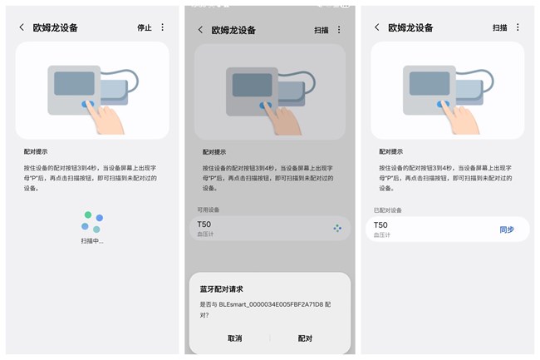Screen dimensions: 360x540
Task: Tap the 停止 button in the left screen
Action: click(x=145, y=27)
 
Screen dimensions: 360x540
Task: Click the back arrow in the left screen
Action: click(x=22, y=27)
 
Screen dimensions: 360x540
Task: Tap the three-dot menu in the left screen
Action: click(x=163, y=27)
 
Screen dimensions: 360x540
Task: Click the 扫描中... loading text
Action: click(x=92, y=241)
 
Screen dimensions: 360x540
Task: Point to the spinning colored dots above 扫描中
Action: click(x=92, y=222)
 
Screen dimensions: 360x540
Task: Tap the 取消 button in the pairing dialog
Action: click(x=234, y=338)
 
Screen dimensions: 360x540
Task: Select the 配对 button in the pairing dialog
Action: click(x=305, y=338)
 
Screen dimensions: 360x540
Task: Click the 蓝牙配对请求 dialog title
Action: click(x=222, y=289)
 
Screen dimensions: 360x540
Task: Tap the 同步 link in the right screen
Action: click(x=507, y=229)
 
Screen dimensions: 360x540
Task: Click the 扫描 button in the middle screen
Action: click(x=322, y=30)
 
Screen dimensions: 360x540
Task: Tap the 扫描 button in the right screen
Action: click(x=499, y=27)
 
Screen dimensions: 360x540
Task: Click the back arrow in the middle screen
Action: click(x=200, y=30)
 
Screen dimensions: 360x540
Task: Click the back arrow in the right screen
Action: click(x=377, y=27)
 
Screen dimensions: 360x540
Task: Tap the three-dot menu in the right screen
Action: click(x=518, y=27)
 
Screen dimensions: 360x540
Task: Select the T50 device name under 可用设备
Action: click(x=204, y=224)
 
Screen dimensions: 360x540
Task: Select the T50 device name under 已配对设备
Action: click(x=380, y=225)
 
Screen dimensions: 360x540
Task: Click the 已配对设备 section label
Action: click(x=389, y=210)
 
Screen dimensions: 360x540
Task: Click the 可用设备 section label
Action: click(x=209, y=210)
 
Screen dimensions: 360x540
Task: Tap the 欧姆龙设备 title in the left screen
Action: click(x=56, y=27)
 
